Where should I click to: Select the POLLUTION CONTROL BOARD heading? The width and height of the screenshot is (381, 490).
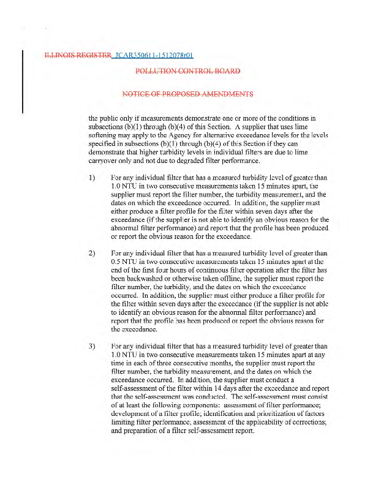coord(187,71)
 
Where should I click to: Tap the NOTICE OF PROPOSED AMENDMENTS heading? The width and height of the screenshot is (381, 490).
coord(187,94)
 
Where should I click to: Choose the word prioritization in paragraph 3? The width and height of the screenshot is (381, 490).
coord(260,415)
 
